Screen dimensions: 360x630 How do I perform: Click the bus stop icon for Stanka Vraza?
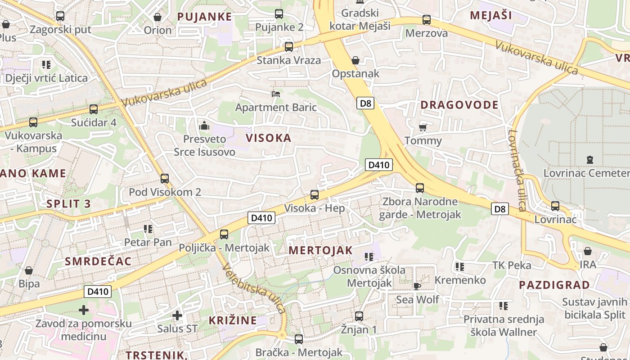click(289, 46)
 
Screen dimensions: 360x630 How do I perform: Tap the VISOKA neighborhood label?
click(269, 138)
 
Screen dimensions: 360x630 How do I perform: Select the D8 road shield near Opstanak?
click(366, 103)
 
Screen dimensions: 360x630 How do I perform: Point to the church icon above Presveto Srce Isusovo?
click(204, 126)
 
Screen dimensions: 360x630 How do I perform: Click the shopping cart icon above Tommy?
click(423, 127)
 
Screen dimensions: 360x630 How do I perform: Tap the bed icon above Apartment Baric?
click(276, 94)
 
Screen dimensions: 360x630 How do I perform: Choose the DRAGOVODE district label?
click(459, 105)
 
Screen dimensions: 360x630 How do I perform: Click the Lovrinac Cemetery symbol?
click(589, 160)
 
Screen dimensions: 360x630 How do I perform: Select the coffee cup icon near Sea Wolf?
click(417, 286)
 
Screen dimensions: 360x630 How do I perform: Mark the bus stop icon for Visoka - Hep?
click(315, 195)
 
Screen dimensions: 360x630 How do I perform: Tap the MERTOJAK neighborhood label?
click(321, 251)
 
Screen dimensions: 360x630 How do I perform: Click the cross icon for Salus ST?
click(177, 315)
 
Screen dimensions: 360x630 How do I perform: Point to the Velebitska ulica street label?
click(254, 288)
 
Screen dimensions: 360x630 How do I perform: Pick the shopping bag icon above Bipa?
click(29, 270)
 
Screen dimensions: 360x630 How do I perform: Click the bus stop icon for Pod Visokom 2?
click(165, 179)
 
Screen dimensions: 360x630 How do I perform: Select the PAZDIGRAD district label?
click(554, 285)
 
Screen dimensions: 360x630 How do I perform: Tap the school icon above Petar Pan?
click(148, 229)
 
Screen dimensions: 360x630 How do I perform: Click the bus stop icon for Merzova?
click(426, 20)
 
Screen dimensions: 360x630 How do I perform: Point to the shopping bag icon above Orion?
click(157, 17)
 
